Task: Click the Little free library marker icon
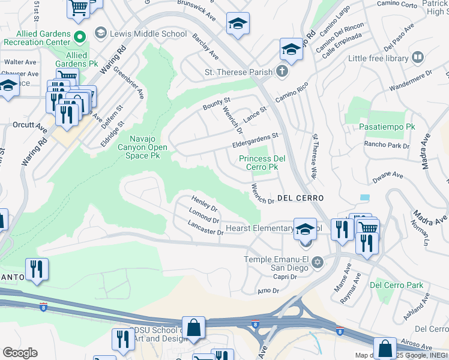(417, 58)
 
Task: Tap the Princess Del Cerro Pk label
(259, 163)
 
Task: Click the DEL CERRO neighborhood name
(300, 198)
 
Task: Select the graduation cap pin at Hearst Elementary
(305, 229)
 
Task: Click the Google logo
(20, 353)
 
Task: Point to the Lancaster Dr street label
(205, 228)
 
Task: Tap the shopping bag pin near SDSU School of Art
(193, 328)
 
